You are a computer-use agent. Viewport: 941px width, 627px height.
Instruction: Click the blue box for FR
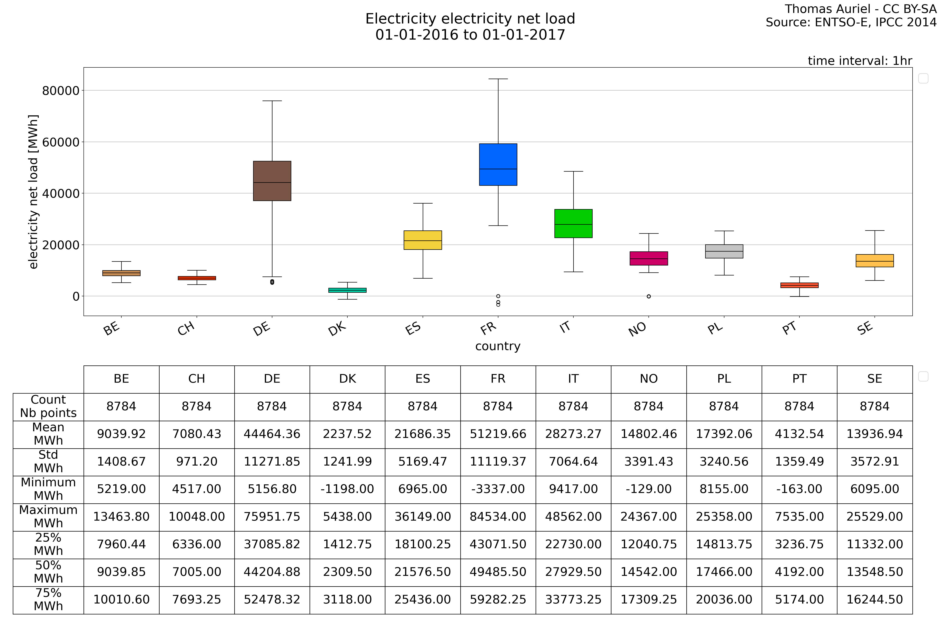pyautogui.click(x=498, y=164)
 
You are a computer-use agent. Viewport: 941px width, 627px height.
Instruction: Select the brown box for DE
pyautogui.click(x=272, y=181)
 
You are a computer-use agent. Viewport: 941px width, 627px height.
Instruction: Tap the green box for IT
pyautogui.click(x=573, y=224)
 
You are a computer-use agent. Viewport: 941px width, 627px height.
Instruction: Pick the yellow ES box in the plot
pyautogui.click(x=423, y=240)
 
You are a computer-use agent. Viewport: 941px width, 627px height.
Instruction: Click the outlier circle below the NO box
pyautogui.click(x=649, y=296)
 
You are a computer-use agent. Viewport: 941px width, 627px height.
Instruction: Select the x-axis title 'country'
pyautogui.click(x=498, y=346)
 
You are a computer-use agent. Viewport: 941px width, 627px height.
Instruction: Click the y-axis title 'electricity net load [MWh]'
pyautogui.click(x=33, y=192)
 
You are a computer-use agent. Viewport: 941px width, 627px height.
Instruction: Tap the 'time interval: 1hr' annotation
pyautogui.click(x=860, y=61)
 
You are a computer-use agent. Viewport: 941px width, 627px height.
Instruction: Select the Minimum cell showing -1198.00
pyautogui.click(x=347, y=489)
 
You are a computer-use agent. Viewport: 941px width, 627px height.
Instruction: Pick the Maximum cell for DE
pyautogui.click(x=272, y=517)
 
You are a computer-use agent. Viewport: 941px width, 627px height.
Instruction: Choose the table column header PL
pyautogui.click(x=724, y=379)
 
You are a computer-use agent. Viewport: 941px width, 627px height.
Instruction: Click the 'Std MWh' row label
pyautogui.click(x=48, y=461)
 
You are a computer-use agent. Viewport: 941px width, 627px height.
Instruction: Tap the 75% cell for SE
pyautogui.click(x=875, y=599)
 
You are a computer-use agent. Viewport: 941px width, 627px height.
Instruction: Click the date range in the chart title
pyautogui.click(x=470, y=35)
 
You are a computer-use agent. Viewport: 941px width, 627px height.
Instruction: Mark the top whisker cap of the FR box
pyautogui.click(x=498, y=79)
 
